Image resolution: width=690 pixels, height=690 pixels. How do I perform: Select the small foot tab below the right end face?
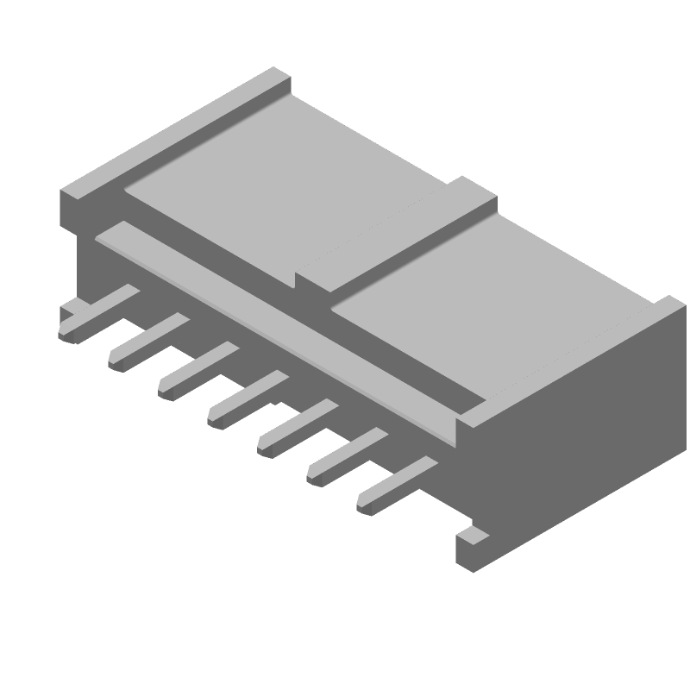pyautogui.click(x=473, y=549)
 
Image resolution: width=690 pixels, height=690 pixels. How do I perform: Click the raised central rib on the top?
pyautogui.click(x=397, y=238)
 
